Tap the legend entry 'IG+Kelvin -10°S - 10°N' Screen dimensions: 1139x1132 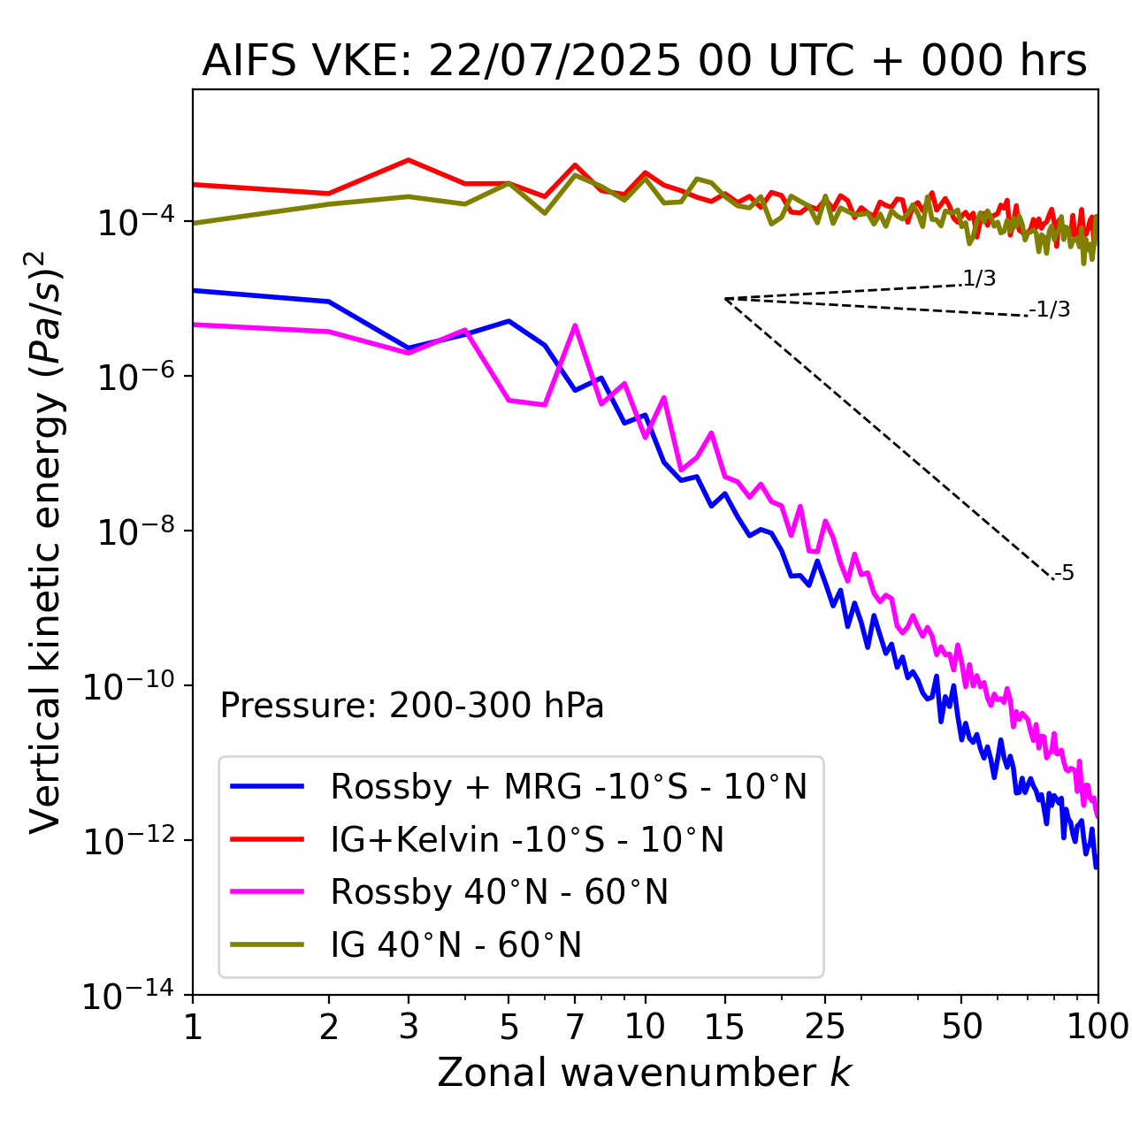click(x=527, y=839)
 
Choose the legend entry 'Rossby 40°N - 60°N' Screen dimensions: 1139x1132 click(x=499, y=892)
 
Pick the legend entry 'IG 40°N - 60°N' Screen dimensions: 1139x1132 click(x=456, y=945)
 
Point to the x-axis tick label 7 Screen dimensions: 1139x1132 click(x=575, y=1027)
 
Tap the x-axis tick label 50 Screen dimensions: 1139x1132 click(x=961, y=1027)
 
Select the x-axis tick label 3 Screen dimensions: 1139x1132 click(x=409, y=1027)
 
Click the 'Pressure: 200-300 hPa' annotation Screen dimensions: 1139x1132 click(x=412, y=706)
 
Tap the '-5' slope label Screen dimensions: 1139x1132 click(x=1065, y=573)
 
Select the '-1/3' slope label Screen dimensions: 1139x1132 click(x=1051, y=310)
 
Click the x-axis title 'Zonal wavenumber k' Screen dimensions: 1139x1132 click(x=644, y=1073)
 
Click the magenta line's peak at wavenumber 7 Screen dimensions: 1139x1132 click(x=575, y=325)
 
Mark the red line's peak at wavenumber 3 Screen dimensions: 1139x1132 click(x=409, y=160)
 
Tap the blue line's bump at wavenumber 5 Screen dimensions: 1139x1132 click(x=509, y=321)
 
